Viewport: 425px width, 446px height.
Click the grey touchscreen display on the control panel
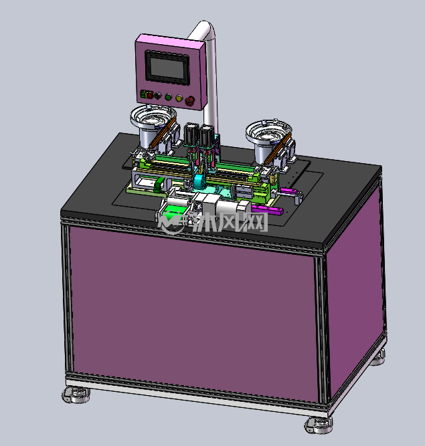167,68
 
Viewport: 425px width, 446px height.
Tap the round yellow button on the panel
179,98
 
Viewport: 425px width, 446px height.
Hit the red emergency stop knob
189,100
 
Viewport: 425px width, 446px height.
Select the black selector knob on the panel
158,96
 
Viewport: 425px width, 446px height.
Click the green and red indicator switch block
147,94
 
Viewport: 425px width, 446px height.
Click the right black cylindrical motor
206,136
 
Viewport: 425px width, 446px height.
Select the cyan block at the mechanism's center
199,181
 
